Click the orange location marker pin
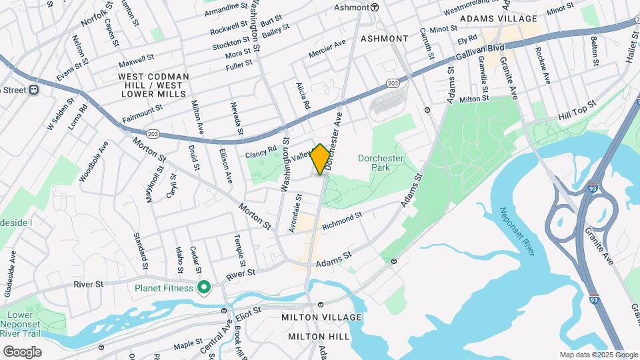[320, 159]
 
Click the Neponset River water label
[517, 231]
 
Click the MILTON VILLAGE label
[321, 317]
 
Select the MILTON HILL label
[319, 337]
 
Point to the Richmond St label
[341, 222]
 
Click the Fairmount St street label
[142, 113]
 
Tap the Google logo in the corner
[21, 352]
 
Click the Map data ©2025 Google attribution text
[598, 355]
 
